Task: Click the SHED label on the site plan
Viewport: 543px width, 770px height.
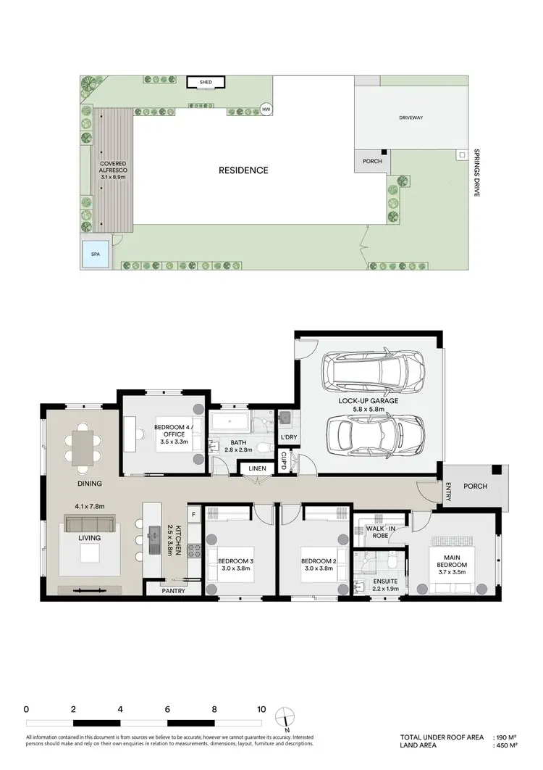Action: coord(206,83)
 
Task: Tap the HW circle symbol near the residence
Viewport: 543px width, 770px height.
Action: coord(266,109)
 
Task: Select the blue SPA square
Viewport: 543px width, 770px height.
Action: coord(95,254)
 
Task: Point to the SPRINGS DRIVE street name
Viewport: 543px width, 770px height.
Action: coord(476,174)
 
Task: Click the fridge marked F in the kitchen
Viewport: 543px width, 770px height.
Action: coord(193,515)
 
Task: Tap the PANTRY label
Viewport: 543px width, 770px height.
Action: coord(173,590)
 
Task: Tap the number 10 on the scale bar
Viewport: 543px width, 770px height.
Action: coord(261,709)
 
